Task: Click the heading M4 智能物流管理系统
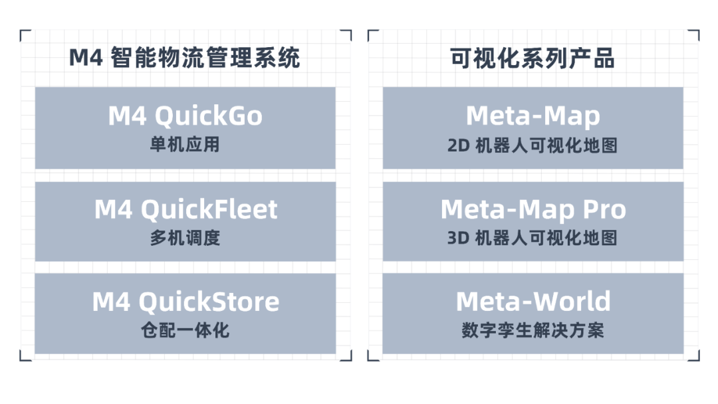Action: (185, 58)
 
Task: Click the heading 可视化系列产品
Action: (533, 58)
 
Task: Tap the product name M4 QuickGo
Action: (185, 116)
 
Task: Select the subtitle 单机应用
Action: (185, 144)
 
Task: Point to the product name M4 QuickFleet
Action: (185, 209)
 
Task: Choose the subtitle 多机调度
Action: (185, 237)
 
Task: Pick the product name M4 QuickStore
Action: (185, 302)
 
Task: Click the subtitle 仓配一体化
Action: (185, 330)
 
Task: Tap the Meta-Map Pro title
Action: (533, 210)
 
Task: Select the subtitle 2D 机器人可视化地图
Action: (533, 145)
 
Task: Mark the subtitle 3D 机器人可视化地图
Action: (533, 237)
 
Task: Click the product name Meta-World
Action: (533, 302)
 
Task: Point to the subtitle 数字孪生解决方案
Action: (533, 330)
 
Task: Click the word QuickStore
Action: (209, 302)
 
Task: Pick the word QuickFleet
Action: (208, 209)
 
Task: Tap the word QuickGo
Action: (208, 116)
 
